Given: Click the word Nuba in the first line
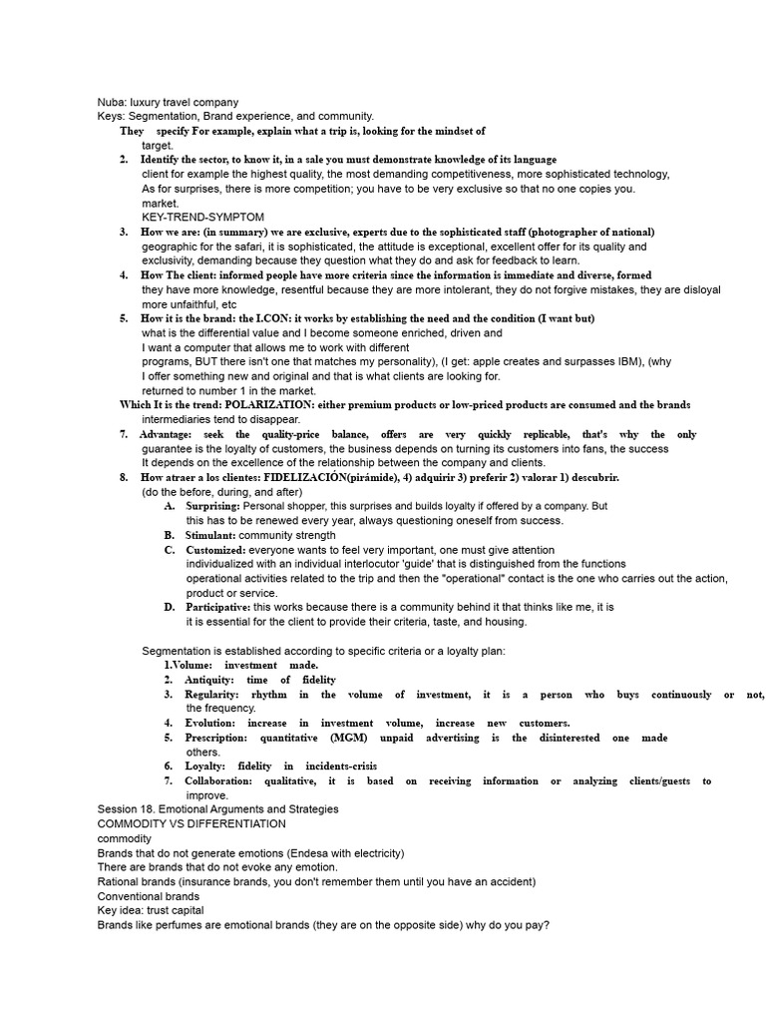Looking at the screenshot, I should coord(111,102).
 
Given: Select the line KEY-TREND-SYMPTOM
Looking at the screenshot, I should coord(202,217).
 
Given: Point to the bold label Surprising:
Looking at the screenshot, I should coord(212,507).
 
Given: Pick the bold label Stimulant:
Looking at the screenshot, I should coord(210,536).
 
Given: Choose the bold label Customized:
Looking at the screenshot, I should coord(215,550).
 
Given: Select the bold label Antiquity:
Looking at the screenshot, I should coord(208,680).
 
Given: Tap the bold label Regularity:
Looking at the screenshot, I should coord(212,695).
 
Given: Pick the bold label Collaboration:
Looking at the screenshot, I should coord(218,781).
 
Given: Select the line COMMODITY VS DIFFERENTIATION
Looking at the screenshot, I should coord(191,824).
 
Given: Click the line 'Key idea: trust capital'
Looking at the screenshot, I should coord(151,911).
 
